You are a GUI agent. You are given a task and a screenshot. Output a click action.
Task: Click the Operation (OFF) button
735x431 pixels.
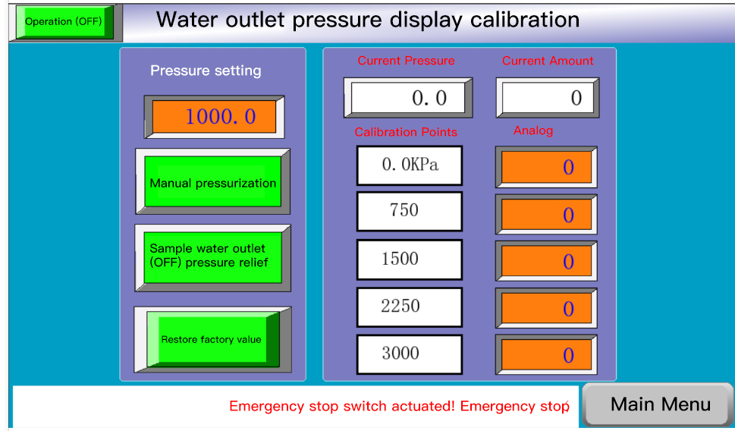pos(64,22)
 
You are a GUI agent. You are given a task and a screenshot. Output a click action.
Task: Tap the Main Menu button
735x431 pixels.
pos(659,404)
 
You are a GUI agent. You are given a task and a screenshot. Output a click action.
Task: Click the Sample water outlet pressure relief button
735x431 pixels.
pos(213,257)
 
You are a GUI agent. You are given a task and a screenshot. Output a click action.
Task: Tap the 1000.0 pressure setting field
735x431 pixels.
pos(214,117)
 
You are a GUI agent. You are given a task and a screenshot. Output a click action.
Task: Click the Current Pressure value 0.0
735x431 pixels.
pos(408,98)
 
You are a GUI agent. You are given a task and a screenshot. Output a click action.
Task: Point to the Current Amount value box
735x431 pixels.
pos(548,98)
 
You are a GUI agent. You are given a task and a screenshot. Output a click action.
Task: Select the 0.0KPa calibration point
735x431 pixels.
pos(410,165)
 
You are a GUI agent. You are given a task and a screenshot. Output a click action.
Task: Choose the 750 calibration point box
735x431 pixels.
pos(410,211)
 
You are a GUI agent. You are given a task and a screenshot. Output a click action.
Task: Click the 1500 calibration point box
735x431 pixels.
pos(410,260)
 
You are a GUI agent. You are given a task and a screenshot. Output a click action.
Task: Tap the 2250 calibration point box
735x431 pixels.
pos(410,307)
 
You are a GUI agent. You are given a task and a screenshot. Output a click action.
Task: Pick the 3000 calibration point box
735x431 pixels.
pos(410,354)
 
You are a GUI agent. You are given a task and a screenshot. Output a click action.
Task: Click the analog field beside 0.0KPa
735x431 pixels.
pos(546,167)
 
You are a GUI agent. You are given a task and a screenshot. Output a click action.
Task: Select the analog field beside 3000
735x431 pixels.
pos(546,354)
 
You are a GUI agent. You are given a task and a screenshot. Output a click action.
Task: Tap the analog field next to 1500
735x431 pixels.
pos(546,261)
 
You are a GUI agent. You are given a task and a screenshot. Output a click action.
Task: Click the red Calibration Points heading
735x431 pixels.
pos(406,132)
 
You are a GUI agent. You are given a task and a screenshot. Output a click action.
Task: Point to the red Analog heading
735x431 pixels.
pos(533,131)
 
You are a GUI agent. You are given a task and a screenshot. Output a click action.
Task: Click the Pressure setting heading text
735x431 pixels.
pos(206,71)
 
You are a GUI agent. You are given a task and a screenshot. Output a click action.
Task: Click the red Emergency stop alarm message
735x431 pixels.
pos(399,406)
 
